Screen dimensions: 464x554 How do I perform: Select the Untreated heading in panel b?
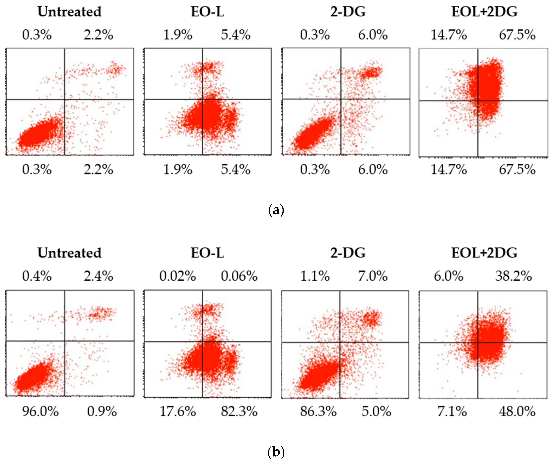[x=69, y=253]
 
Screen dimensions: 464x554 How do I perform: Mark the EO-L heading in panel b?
[x=207, y=253]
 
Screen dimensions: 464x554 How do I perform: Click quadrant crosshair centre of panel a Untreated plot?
[x=65, y=100]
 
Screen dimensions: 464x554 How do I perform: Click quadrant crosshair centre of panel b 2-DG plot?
[x=340, y=342]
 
